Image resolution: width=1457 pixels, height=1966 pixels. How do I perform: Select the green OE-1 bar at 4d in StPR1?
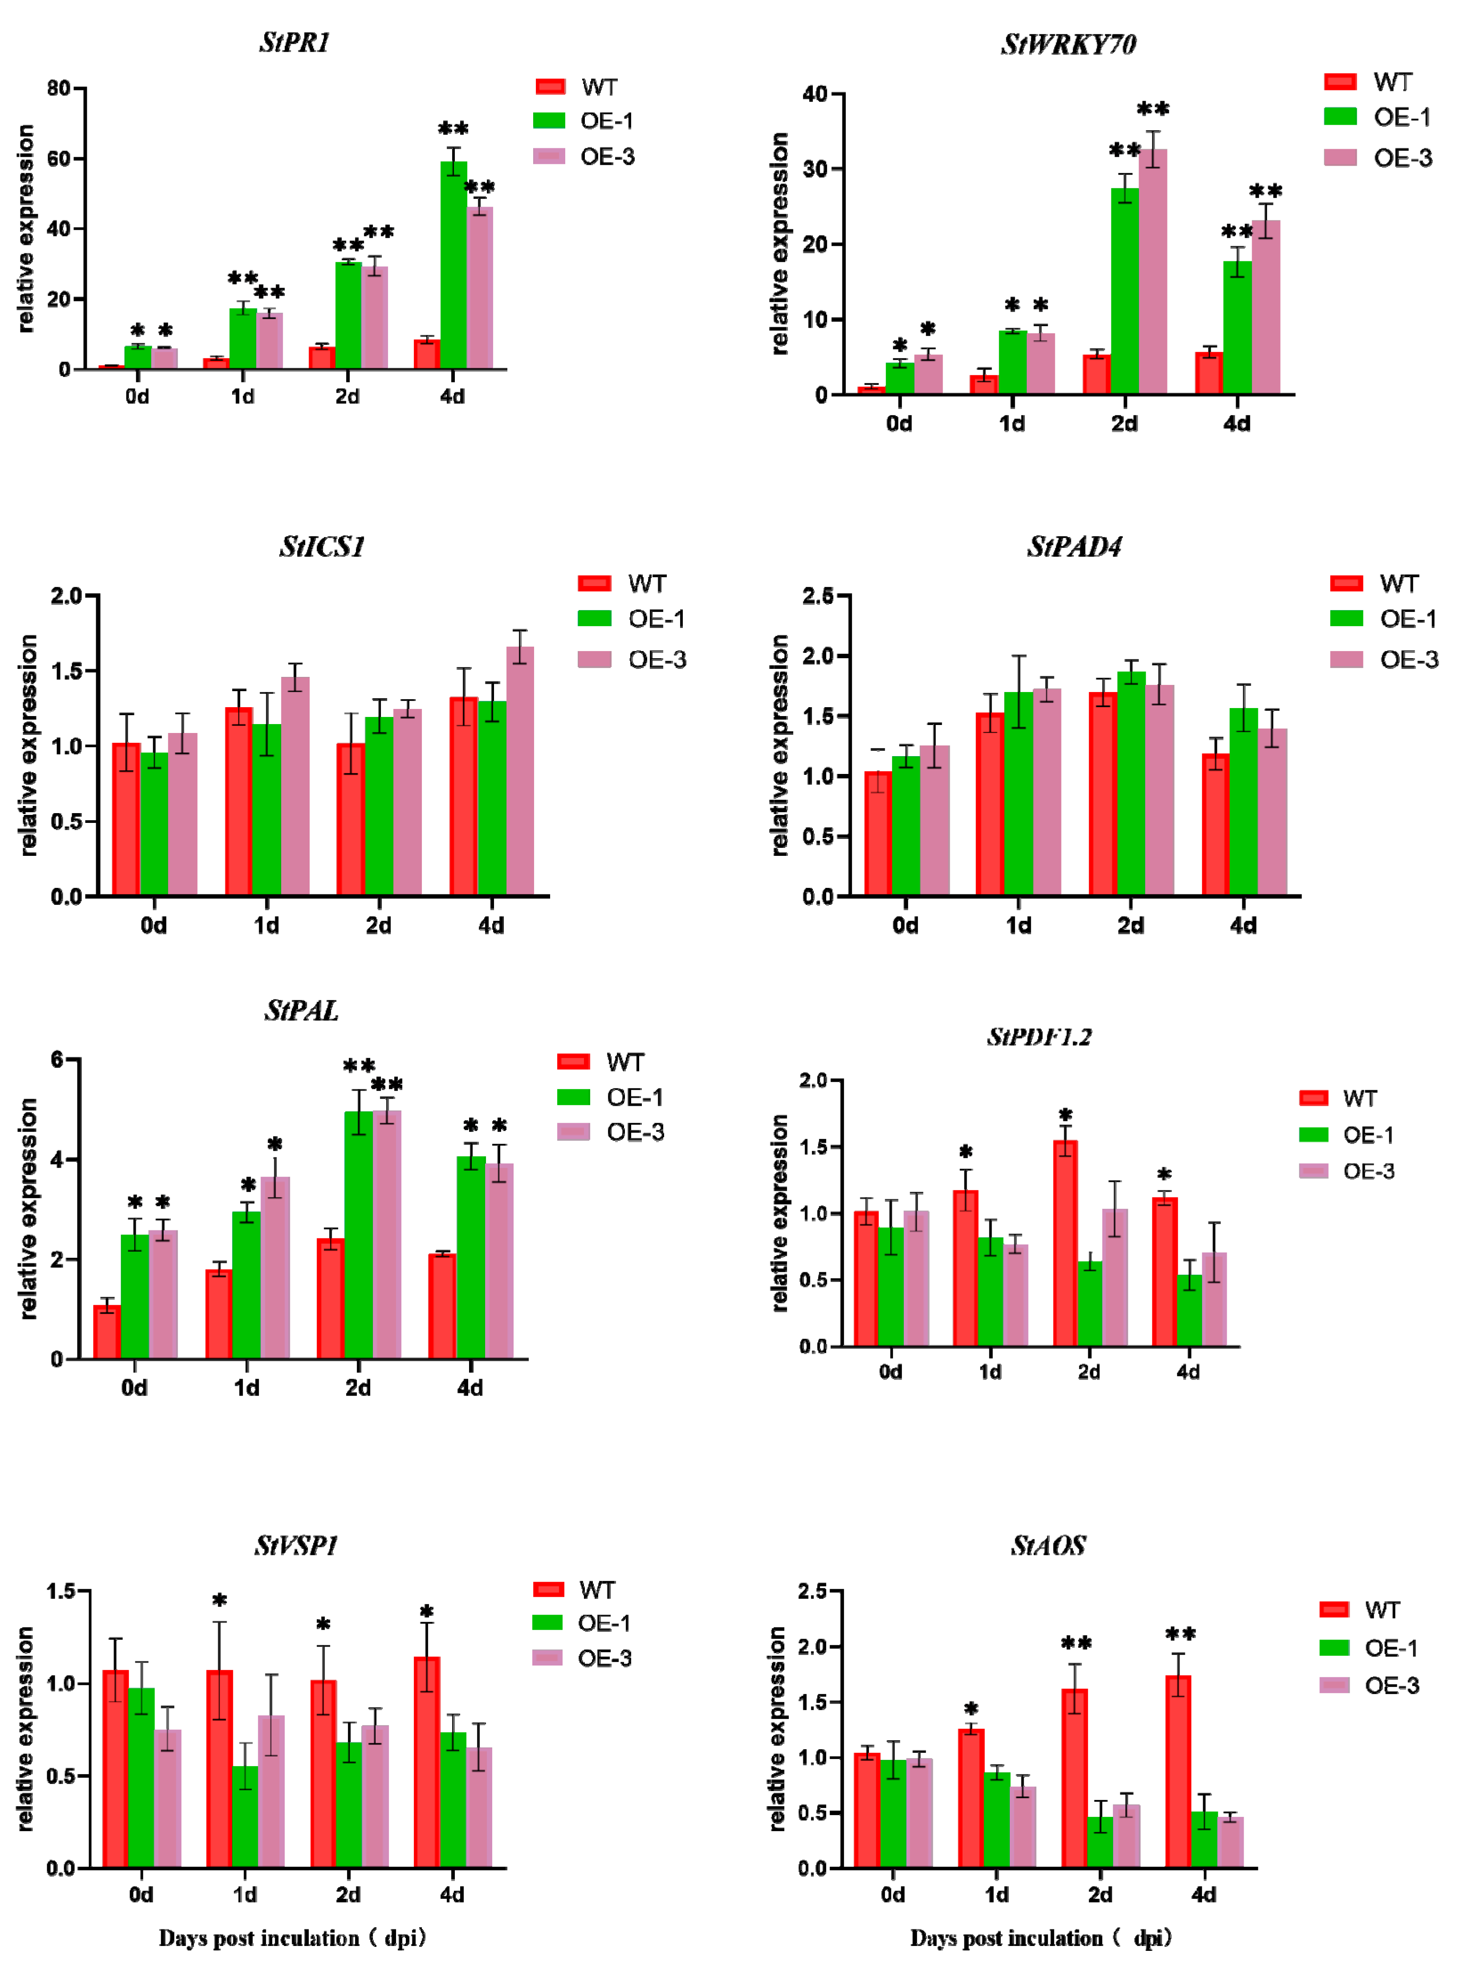(x=453, y=265)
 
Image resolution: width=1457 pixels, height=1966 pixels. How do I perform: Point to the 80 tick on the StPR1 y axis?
(x=58, y=88)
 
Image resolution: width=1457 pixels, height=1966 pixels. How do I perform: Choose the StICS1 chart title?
(x=322, y=546)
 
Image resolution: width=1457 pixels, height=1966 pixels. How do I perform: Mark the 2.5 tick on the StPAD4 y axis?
(x=817, y=596)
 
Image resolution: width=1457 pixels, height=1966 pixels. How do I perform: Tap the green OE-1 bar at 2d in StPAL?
(x=358, y=1234)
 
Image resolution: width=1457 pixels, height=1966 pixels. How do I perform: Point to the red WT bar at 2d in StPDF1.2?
(x=1065, y=1243)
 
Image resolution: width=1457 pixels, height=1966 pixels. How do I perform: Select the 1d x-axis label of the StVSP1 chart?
(x=245, y=1894)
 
